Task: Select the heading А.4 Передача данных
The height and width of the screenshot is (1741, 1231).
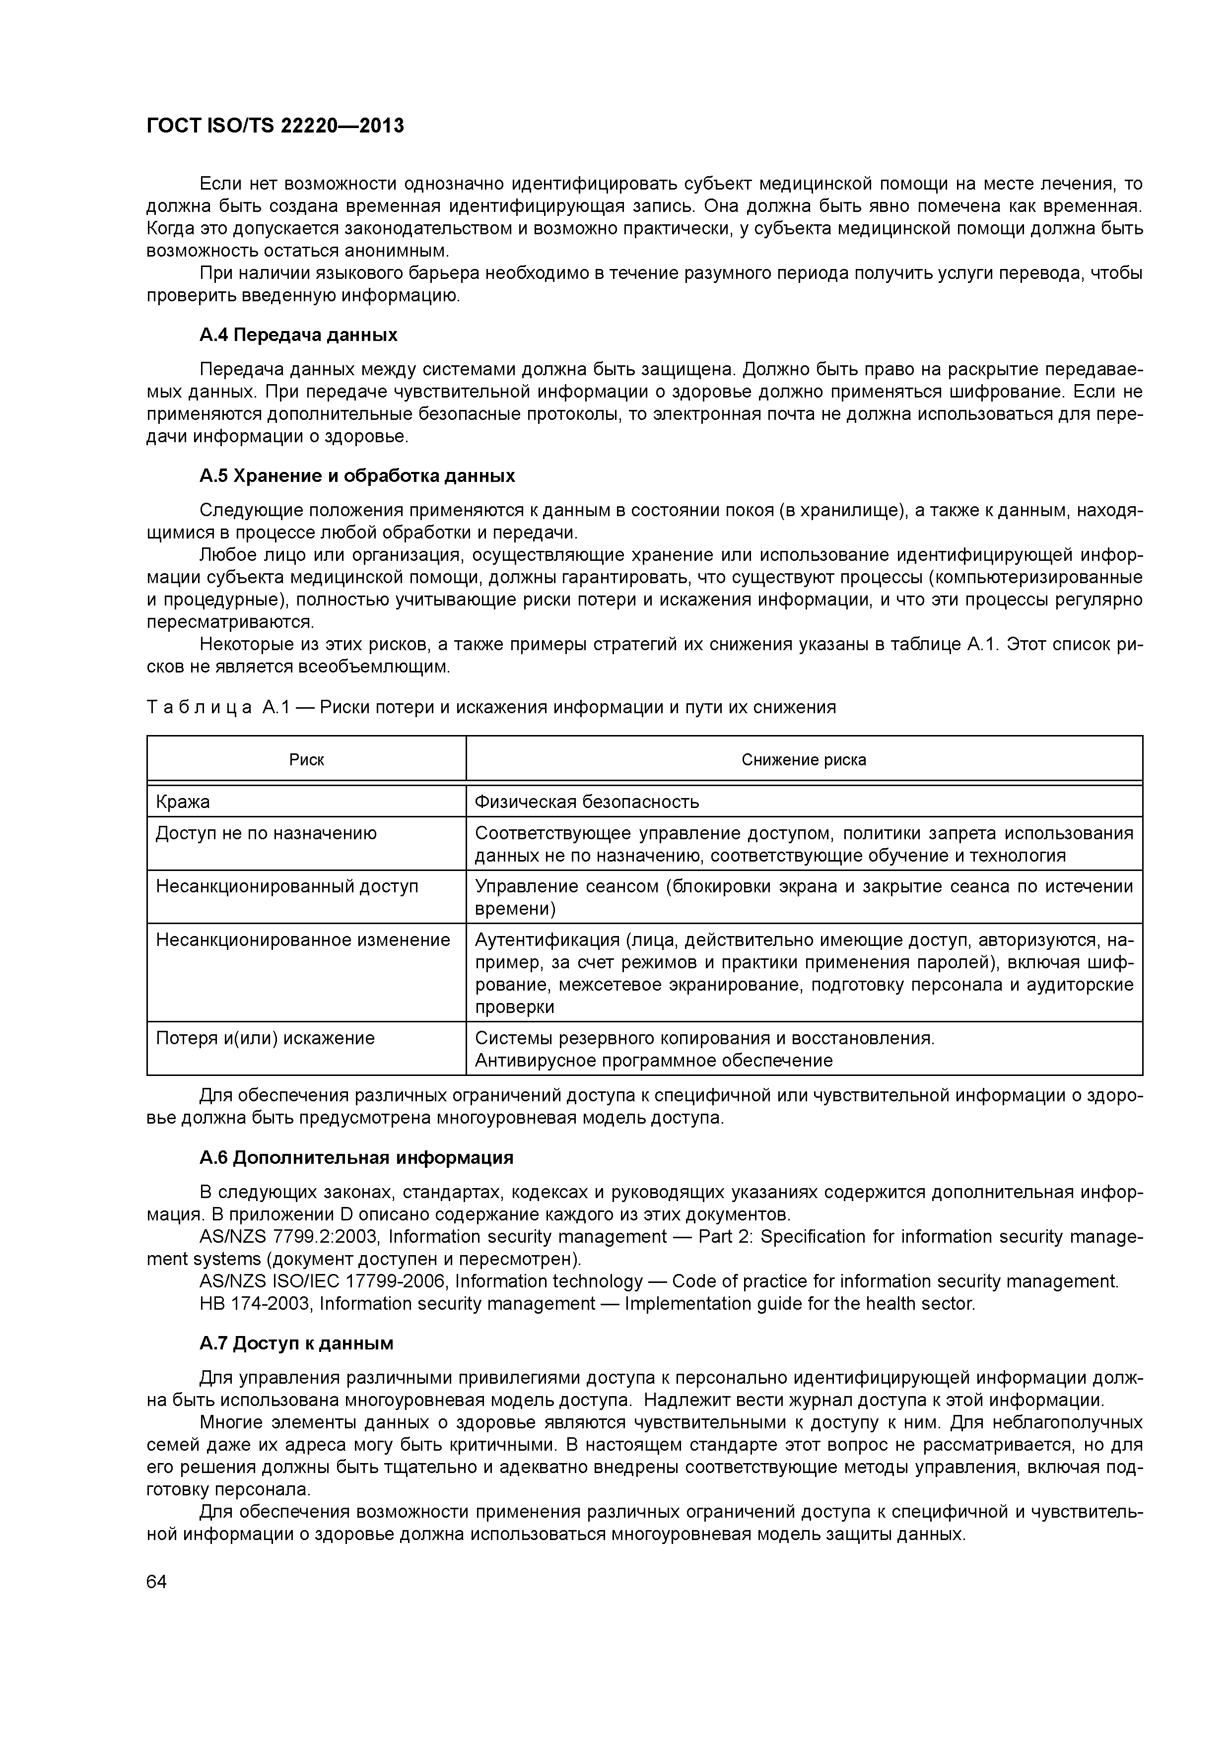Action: coord(298,335)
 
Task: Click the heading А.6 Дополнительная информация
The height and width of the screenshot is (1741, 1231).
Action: coord(356,1158)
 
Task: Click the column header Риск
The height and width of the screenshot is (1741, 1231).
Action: coord(306,760)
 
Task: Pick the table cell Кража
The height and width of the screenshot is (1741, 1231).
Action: coord(183,802)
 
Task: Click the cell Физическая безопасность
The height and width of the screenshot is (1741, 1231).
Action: coord(586,802)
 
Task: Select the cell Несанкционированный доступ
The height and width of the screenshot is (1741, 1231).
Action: coord(287,886)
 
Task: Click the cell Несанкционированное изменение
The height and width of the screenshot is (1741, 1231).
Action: coord(303,940)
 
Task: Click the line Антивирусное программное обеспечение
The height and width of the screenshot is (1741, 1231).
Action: coord(653,1061)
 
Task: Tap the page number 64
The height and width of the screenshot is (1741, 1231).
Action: coord(156,1582)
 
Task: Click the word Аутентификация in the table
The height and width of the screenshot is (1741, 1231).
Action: coord(546,940)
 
